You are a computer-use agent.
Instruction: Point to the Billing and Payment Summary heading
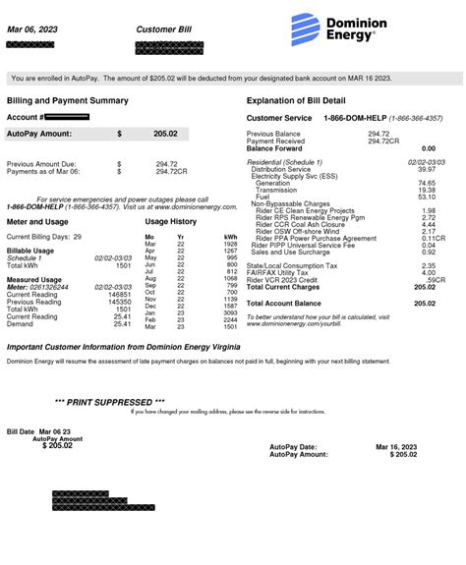click(67, 100)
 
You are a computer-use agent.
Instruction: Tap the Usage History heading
click(170, 222)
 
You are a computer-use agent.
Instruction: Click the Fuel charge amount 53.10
click(427, 197)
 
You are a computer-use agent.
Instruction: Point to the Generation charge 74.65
click(427, 183)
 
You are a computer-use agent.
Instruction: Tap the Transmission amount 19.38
click(427, 190)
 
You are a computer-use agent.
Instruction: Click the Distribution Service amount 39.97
click(427, 169)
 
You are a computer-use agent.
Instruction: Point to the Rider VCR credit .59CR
click(427, 279)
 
